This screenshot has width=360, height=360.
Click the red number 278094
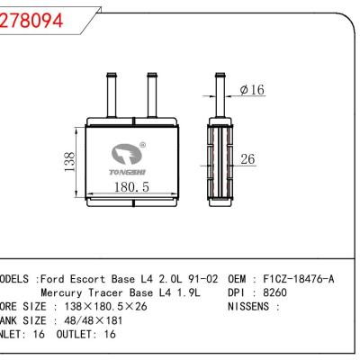tap(33, 22)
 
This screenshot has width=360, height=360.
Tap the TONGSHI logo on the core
tap(128, 158)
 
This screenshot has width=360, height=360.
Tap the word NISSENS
tap(255, 306)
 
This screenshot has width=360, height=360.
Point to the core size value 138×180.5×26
tap(98, 306)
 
